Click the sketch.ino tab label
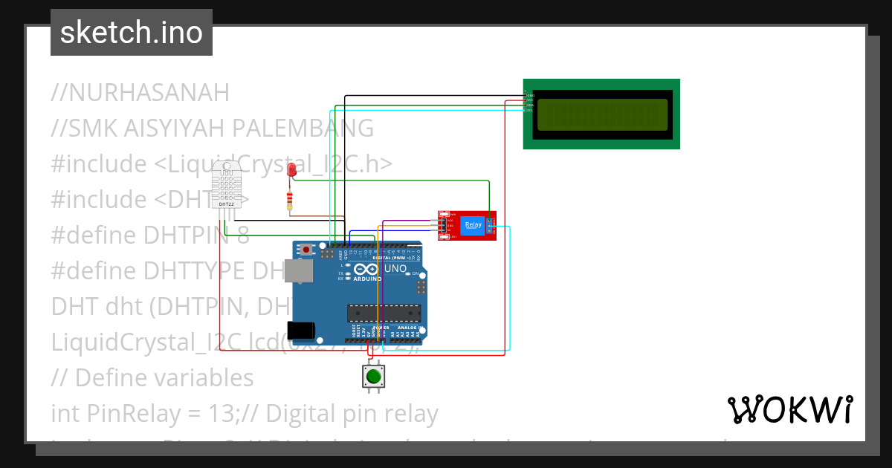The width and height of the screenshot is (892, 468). click(131, 33)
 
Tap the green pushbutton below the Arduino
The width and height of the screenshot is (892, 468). click(373, 377)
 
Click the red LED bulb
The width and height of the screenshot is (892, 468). click(292, 170)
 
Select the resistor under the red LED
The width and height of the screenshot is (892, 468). click(289, 200)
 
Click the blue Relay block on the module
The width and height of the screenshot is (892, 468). click(472, 225)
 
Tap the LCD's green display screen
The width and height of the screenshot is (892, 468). click(602, 113)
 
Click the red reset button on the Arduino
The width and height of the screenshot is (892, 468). click(306, 249)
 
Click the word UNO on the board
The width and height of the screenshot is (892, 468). click(395, 269)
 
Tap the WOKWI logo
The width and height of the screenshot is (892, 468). click(789, 409)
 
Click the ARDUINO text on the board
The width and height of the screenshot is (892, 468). click(367, 279)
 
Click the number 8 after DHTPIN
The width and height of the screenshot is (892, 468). click(243, 235)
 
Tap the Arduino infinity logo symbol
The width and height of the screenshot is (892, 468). click(366, 269)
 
